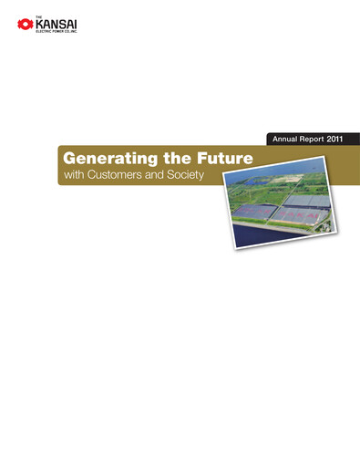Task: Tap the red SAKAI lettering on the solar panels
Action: pos(301,216)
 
